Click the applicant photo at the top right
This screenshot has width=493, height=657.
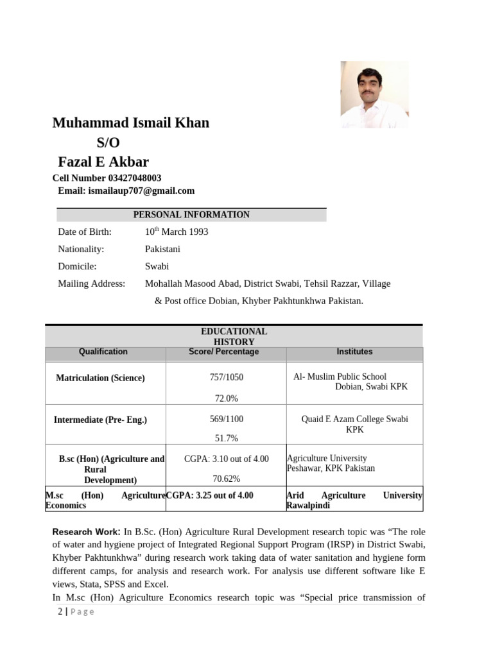click(x=374, y=94)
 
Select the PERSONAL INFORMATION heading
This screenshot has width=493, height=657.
click(x=191, y=215)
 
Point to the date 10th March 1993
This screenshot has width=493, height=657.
click(x=177, y=232)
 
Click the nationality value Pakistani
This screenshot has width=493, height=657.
click(x=162, y=249)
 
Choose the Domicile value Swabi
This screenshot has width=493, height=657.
click(x=157, y=266)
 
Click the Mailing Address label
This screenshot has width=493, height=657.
click(x=92, y=284)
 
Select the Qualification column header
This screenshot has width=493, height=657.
click(x=103, y=352)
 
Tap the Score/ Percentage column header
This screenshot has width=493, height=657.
click(x=224, y=352)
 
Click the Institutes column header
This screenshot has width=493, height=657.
click(x=354, y=352)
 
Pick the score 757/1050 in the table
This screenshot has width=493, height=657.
click(x=226, y=377)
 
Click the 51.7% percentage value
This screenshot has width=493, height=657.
click(x=226, y=438)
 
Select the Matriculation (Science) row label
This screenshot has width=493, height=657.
click(x=100, y=378)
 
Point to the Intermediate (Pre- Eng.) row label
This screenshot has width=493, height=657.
click(x=100, y=420)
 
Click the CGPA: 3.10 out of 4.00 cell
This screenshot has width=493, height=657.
click(x=226, y=459)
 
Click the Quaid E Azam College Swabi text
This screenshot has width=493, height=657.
click(x=354, y=419)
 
